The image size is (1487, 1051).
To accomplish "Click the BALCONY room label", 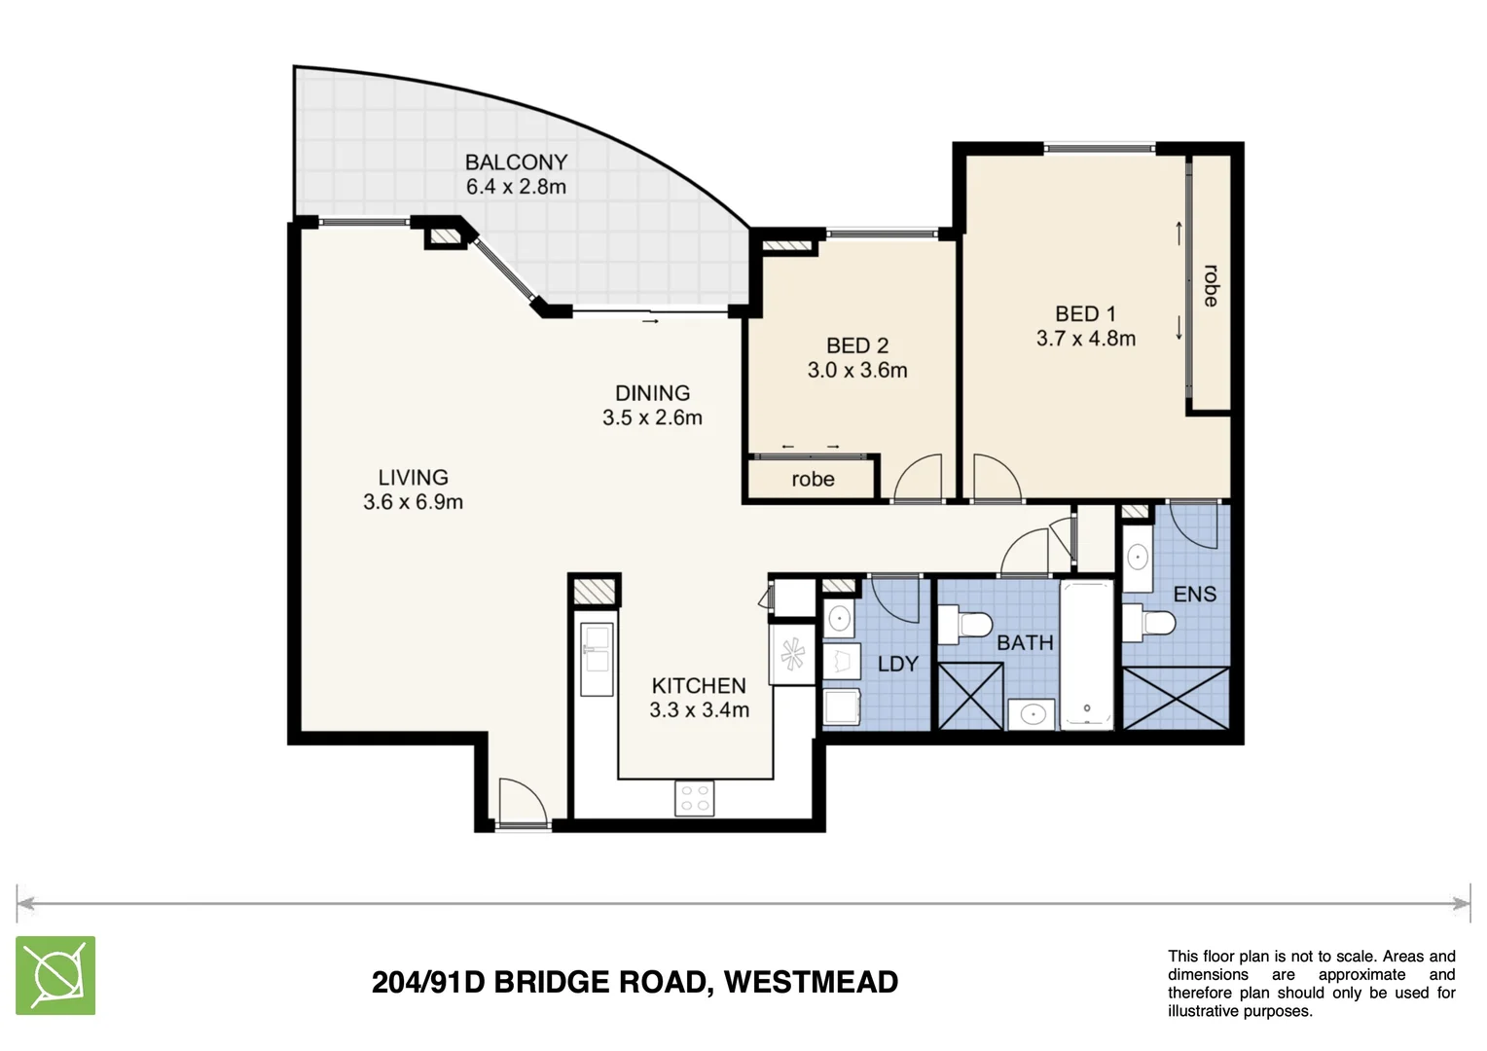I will click(516, 163).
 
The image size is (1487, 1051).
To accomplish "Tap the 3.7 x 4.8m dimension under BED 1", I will click(1085, 339).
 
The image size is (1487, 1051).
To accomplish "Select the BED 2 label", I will click(856, 345).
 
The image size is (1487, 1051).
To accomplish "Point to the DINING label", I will click(652, 393).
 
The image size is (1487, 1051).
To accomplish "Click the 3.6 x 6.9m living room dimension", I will click(413, 502).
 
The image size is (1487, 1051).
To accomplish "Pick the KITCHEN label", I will click(699, 685).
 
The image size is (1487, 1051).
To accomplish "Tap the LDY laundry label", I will click(897, 664).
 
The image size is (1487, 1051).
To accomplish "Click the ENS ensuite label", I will click(1194, 594).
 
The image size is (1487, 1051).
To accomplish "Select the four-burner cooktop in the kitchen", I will click(694, 798).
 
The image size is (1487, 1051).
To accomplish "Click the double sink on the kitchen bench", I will click(597, 659).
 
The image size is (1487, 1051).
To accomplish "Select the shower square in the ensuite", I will click(1176, 698).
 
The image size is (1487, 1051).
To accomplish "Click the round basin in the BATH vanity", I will click(1031, 715).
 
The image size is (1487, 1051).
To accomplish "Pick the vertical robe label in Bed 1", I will click(1210, 285).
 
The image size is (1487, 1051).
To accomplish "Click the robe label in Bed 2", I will click(813, 479).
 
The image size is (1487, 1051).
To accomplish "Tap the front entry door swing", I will click(521, 802).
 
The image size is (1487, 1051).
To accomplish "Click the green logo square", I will click(55, 975).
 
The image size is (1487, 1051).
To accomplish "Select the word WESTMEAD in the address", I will click(811, 982).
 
